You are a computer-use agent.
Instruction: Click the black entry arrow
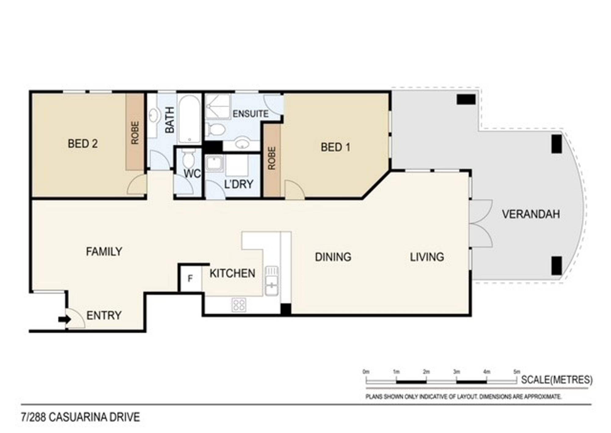pyautogui.click(x=64, y=319)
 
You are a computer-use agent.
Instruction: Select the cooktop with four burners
pyautogui.click(x=239, y=304)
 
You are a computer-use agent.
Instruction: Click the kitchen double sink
pyautogui.click(x=272, y=281)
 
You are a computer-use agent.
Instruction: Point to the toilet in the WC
pyautogui.click(x=188, y=158)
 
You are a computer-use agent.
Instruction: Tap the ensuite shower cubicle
pyautogui.click(x=218, y=106)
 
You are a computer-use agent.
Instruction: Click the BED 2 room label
pyautogui.click(x=83, y=144)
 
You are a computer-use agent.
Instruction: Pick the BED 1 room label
pyautogui.click(x=335, y=147)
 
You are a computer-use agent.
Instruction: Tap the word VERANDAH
pyautogui.click(x=531, y=214)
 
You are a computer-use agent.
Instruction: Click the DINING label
pyautogui.click(x=333, y=257)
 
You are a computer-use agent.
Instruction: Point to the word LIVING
pyautogui.click(x=427, y=257)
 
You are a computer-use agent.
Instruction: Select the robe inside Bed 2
pyautogui.click(x=135, y=132)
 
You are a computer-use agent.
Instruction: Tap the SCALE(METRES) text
pyautogui.click(x=557, y=380)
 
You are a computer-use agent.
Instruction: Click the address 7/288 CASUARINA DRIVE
pyautogui.click(x=80, y=417)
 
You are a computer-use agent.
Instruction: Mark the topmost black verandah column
pyautogui.click(x=466, y=100)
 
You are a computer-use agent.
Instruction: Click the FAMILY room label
pyautogui.click(x=104, y=252)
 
